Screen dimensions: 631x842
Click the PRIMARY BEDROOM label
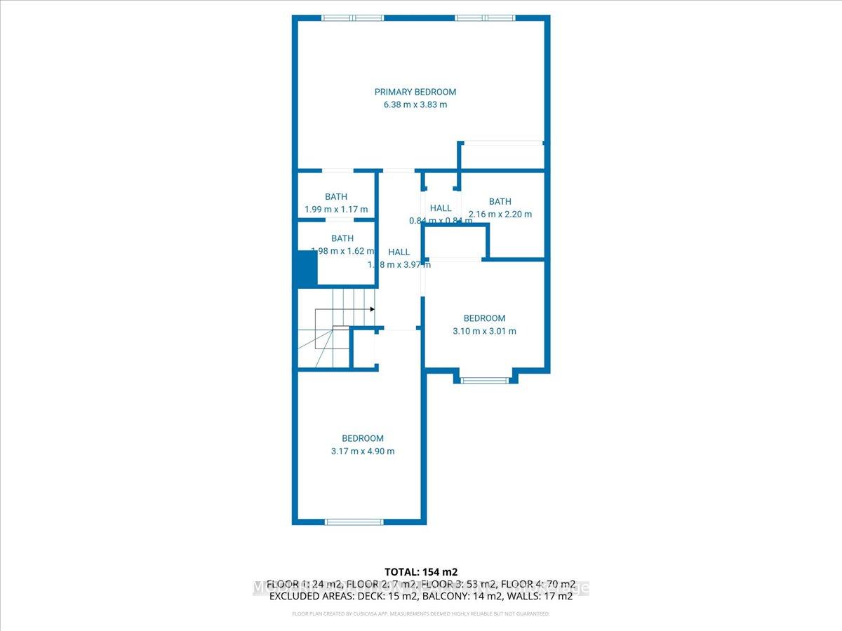click(x=415, y=92)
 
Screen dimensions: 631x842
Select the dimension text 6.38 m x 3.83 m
click(x=415, y=104)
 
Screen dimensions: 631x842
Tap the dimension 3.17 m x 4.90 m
click(x=363, y=452)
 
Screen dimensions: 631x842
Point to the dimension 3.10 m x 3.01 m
click(x=484, y=331)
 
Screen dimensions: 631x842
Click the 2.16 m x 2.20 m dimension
click(x=500, y=215)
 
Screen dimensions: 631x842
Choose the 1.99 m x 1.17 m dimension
click(x=336, y=210)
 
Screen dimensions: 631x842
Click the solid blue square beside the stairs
click(x=305, y=269)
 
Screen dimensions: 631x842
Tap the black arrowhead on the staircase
click(x=372, y=309)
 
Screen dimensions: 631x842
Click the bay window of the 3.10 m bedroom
click(x=484, y=381)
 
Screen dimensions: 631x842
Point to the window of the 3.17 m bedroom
click(x=354, y=522)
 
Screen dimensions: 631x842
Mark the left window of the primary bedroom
click(x=353, y=18)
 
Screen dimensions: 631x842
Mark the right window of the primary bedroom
click(x=485, y=18)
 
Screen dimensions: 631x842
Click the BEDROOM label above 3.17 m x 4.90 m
click(x=363, y=439)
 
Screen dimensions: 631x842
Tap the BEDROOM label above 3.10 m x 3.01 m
click(x=484, y=318)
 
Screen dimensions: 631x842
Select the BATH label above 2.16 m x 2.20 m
click(x=500, y=202)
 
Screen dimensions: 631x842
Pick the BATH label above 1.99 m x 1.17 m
click(x=336, y=197)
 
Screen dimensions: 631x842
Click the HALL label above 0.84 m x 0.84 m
click(x=441, y=208)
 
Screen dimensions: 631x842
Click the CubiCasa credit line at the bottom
click(x=421, y=614)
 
